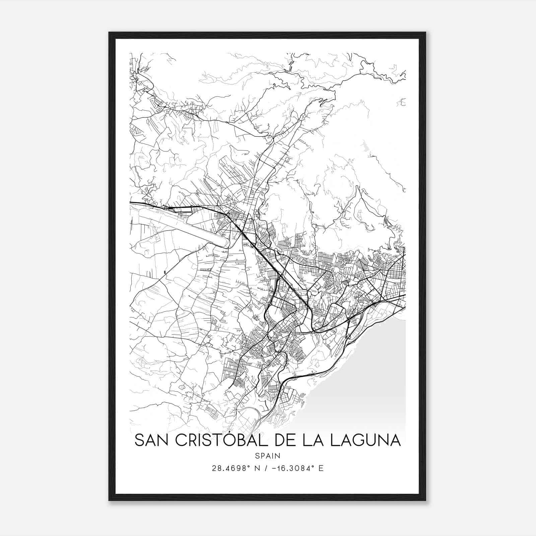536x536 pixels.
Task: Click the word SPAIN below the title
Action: (x=267, y=456)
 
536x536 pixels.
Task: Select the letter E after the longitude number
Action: (x=321, y=468)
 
